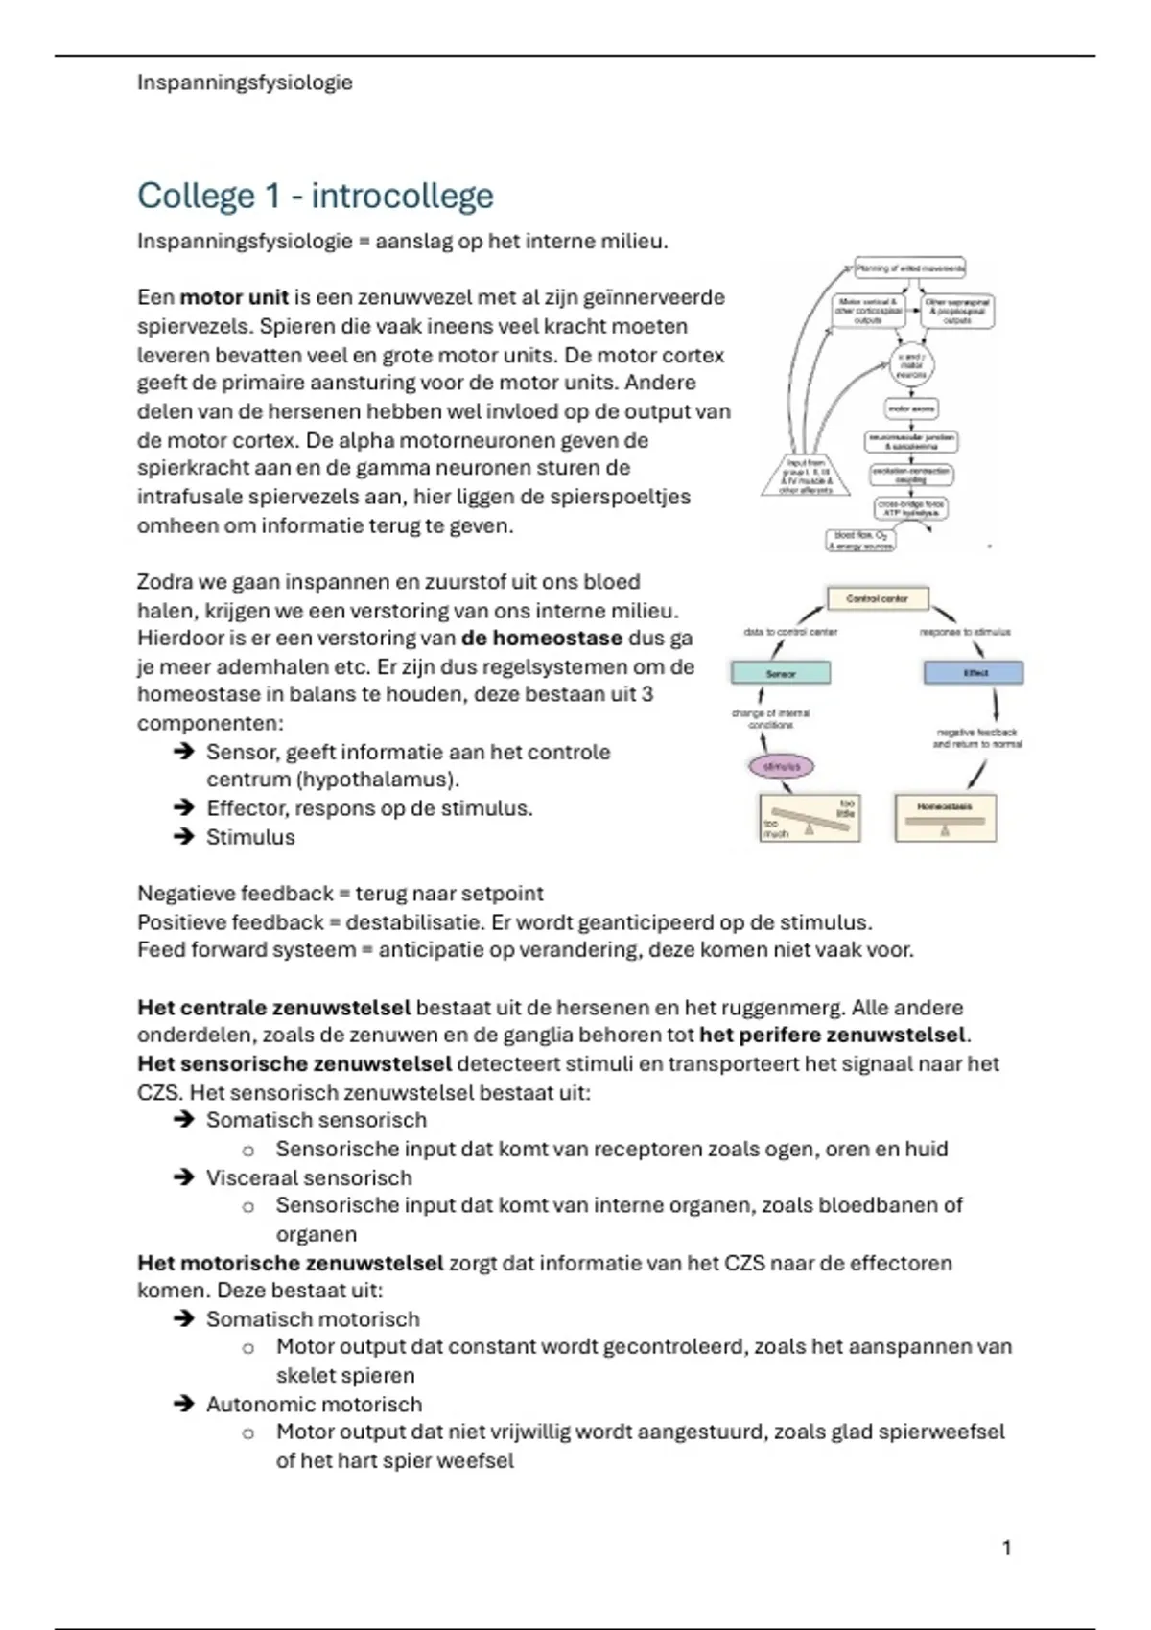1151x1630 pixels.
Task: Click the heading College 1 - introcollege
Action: (315, 196)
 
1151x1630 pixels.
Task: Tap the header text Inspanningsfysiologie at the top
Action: (245, 82)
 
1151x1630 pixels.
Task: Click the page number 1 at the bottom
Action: (1006, 1548)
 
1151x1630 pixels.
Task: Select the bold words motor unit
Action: (234, 297)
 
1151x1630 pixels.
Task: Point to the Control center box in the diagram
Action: (877, 598)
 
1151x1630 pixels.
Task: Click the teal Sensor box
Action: (781, 673)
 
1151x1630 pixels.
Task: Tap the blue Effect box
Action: (974, 673)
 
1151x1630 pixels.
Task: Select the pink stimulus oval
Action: (781, 766)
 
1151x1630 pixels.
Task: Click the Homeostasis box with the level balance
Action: (945, 818)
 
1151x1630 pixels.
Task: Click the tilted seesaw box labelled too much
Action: (809, 818)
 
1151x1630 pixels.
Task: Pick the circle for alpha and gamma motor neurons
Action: (910, 365)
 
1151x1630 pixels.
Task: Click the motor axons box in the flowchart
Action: (910, 408)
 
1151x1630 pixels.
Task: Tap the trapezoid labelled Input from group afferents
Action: (806, 476)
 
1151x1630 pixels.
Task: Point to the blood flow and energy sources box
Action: (860, 541)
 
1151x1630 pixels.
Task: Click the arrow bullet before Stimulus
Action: (184, 836)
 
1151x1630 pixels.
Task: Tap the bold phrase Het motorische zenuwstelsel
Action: (290, 1263)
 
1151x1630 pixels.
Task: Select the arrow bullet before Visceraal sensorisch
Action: (184, 1176)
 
